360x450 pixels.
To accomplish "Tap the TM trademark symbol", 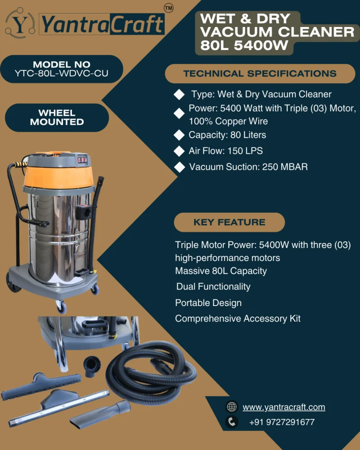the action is [x=168, y=8].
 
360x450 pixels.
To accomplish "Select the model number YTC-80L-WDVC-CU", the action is [x=62, y=73].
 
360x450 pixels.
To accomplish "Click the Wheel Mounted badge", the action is [x=57, y=117].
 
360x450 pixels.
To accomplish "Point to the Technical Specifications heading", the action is [x=260, y=73].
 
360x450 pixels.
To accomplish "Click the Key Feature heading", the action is [x=229, y=222].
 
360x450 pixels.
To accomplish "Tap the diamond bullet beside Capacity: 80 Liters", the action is [x=179, y=135].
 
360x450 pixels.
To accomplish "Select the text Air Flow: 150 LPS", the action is [x=225, y=151].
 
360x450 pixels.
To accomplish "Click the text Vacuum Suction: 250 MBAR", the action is [x=248, y=167].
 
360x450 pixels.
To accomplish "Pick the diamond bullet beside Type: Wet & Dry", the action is [x=179, y=94].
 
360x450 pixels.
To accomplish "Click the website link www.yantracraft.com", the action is [x=284, y=407].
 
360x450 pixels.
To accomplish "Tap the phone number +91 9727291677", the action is [x=282, y=422].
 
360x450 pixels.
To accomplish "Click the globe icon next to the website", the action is [x=232, y=407].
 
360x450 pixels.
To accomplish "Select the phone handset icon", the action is [x=232, y=422].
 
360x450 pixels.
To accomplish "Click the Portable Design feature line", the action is [x=208, y=303].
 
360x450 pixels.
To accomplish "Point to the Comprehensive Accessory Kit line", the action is [x=238, y=319].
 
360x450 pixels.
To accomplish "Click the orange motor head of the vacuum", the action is [x=59, y=175].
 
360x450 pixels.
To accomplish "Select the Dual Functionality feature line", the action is [x=213, y=287].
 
